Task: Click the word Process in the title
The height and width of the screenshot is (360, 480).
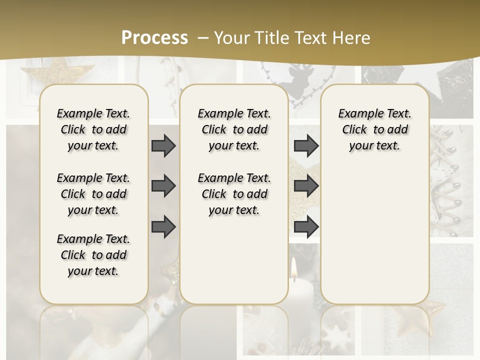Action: [x=154, y=38]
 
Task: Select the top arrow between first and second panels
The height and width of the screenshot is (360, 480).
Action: [x=163, y=145]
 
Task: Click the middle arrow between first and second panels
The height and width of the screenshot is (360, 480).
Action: [x=163, y=186]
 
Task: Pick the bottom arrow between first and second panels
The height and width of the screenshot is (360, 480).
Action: [x=163, y=227]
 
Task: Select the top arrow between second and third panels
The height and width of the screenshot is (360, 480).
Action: [x=306, y=145]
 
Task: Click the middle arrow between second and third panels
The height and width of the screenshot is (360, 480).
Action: [x=306, y=186]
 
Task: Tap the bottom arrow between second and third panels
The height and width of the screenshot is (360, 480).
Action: [x=306, y=227]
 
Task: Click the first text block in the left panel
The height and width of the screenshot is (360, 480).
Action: [x=93, y=129]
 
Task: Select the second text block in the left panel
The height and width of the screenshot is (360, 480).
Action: [x=93, y=194]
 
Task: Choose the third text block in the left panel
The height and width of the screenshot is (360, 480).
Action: [x=93, y=255]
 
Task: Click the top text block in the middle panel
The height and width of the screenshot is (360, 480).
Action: [x=234, y=129]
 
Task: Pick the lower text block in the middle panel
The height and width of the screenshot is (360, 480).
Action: [x=234, y=194]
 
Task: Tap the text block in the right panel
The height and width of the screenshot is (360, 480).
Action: [x=374, y=129]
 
